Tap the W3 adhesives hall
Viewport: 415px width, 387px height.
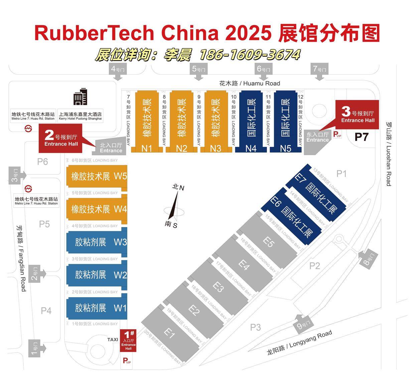[x=97, y=242]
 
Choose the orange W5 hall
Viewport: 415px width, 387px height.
[x=97, y=176]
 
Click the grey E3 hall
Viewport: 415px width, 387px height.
[x=219, y=286]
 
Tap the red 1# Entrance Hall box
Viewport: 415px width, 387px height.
[x=128, y=340]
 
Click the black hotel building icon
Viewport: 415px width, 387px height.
[x=80, y=97]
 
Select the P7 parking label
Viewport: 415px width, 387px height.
[x=361, y=137]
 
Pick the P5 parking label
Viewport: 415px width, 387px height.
[x=44, y=224]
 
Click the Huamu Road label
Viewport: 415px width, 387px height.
[x=249, y=83]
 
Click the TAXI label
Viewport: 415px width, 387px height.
[x=113, y=340]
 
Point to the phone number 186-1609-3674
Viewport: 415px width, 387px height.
[x=249, y=54]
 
